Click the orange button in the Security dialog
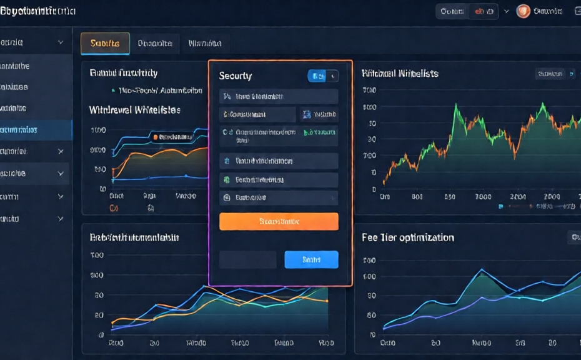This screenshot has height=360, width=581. (279, 221)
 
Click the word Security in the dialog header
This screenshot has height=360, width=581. (236, 76)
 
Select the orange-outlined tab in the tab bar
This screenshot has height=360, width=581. (105, 43)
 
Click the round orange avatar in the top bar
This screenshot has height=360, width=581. (524, 11)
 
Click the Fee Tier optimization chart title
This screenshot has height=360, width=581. (408, 237)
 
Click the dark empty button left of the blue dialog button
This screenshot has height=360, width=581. (247, 259)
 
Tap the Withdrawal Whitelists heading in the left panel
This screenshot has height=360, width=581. (135, 110)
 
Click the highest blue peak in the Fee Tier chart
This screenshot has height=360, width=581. (481, 270)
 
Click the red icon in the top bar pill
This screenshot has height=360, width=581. (480, 11)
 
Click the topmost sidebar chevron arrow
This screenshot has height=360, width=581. (61, 42)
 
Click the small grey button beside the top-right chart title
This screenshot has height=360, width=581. (550, 74)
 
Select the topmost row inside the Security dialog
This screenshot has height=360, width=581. (279, 96)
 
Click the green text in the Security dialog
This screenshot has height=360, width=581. (320, 132)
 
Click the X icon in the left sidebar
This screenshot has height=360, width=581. (61, 151)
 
